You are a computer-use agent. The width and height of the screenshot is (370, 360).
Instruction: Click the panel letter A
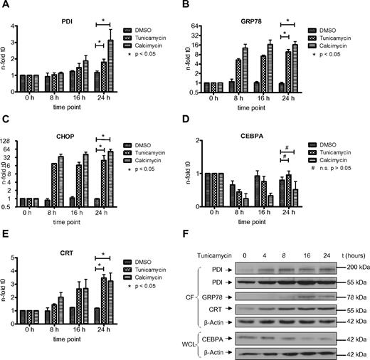click(6, 6)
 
